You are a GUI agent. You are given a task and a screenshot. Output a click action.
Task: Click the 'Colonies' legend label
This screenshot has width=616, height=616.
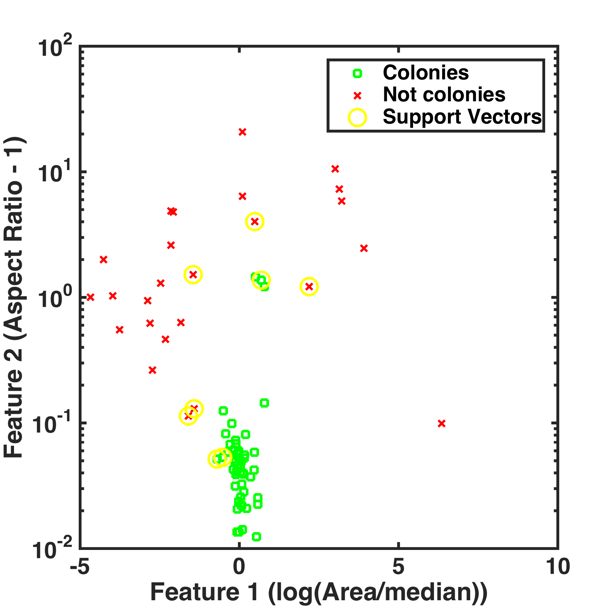pyautogui.click(x=425, y=73)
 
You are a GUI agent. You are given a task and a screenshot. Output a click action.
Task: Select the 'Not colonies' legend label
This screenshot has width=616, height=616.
pyautogui.click(x=444, y=95)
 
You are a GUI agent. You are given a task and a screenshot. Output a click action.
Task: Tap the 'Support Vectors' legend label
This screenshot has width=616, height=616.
pyautogui.click(x=462, y=117)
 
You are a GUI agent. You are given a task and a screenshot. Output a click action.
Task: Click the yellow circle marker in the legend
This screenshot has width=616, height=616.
pyautogui.click(x=357, y=117)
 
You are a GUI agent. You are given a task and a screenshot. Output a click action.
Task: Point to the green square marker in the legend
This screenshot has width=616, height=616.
pyautogui.click(x=357, y=74)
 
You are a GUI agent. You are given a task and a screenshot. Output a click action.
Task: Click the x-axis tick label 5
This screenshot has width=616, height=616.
pyautogui.click(x=398, y=567)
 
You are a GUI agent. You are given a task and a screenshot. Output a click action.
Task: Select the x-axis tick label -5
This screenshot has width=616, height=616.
pyautogui.click(x=80, y=567)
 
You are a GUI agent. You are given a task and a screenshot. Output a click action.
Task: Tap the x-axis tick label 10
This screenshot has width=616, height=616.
pyautogui.click(x=557, y=567)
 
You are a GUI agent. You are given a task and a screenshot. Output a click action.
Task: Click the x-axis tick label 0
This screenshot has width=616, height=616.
pyautogui.click(x=239, y=567)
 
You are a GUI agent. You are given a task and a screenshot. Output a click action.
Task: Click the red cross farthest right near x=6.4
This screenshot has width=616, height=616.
pyautogui.click(x=441, y=424)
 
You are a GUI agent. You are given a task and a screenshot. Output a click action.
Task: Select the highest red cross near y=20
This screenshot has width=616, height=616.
pyautogui.click(x=242, y=132)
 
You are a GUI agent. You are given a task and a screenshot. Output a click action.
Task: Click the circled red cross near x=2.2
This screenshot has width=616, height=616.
pyautogui.click(x=309, y=287)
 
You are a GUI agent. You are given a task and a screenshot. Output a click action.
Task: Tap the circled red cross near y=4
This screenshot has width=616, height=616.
pyautogui.click(x=255, y=222)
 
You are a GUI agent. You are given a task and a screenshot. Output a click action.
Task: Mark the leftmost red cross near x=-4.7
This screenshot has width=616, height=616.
pyautogui.click(x=90, y=297)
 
